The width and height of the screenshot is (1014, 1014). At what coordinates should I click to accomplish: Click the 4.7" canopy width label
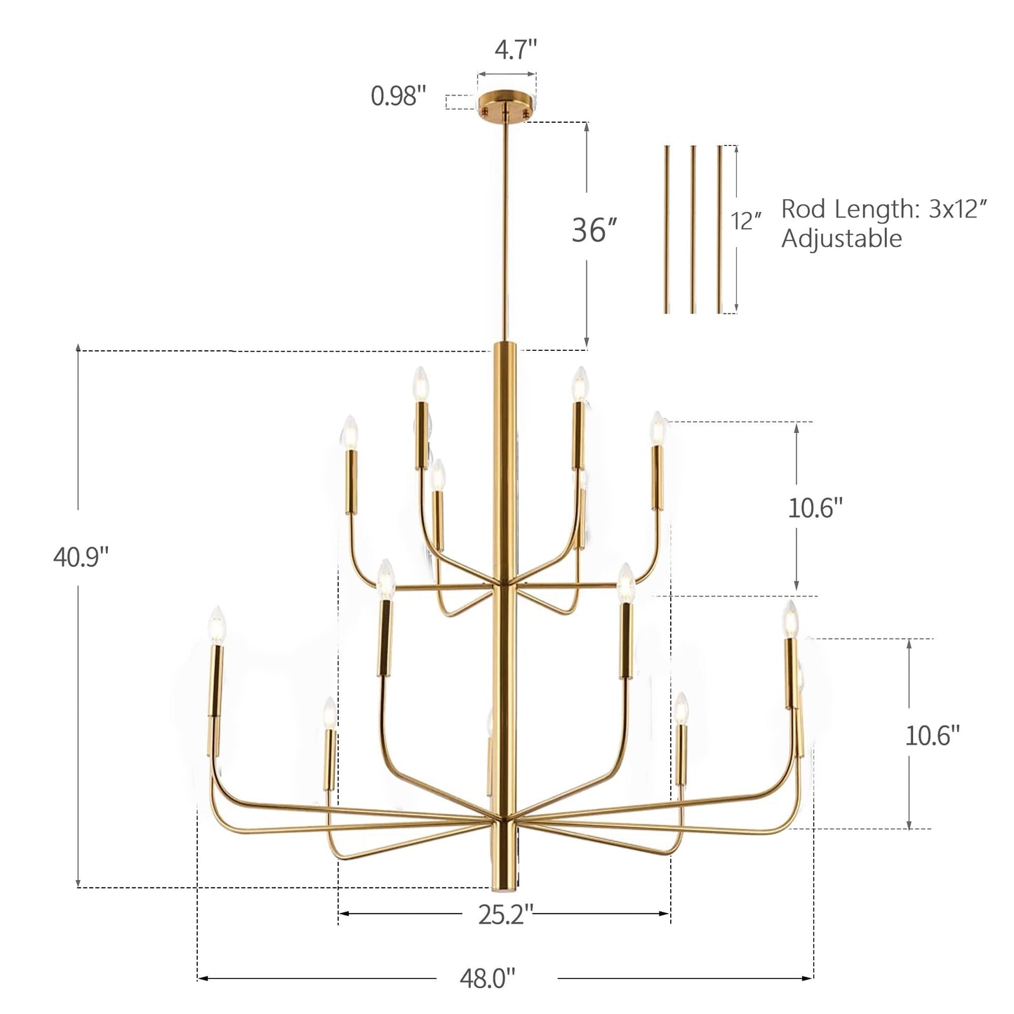[x=516, y=51]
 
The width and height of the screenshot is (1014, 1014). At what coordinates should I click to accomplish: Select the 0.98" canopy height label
[x=399, y=95]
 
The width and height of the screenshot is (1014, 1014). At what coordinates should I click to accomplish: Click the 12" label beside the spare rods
[x=747, y=221]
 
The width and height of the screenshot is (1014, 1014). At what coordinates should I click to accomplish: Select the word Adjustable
[x=841, y=239]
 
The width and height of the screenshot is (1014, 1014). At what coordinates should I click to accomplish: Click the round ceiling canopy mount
[x=506, y=105]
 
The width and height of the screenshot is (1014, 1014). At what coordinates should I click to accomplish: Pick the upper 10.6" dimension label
[x=815, y=507]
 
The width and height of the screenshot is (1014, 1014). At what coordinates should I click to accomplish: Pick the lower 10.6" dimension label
[x=932, y=735]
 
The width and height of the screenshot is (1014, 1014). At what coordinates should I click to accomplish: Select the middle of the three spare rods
[x=693, y=229]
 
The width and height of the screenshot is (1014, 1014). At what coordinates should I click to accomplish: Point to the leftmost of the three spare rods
[x=667, y=229]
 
